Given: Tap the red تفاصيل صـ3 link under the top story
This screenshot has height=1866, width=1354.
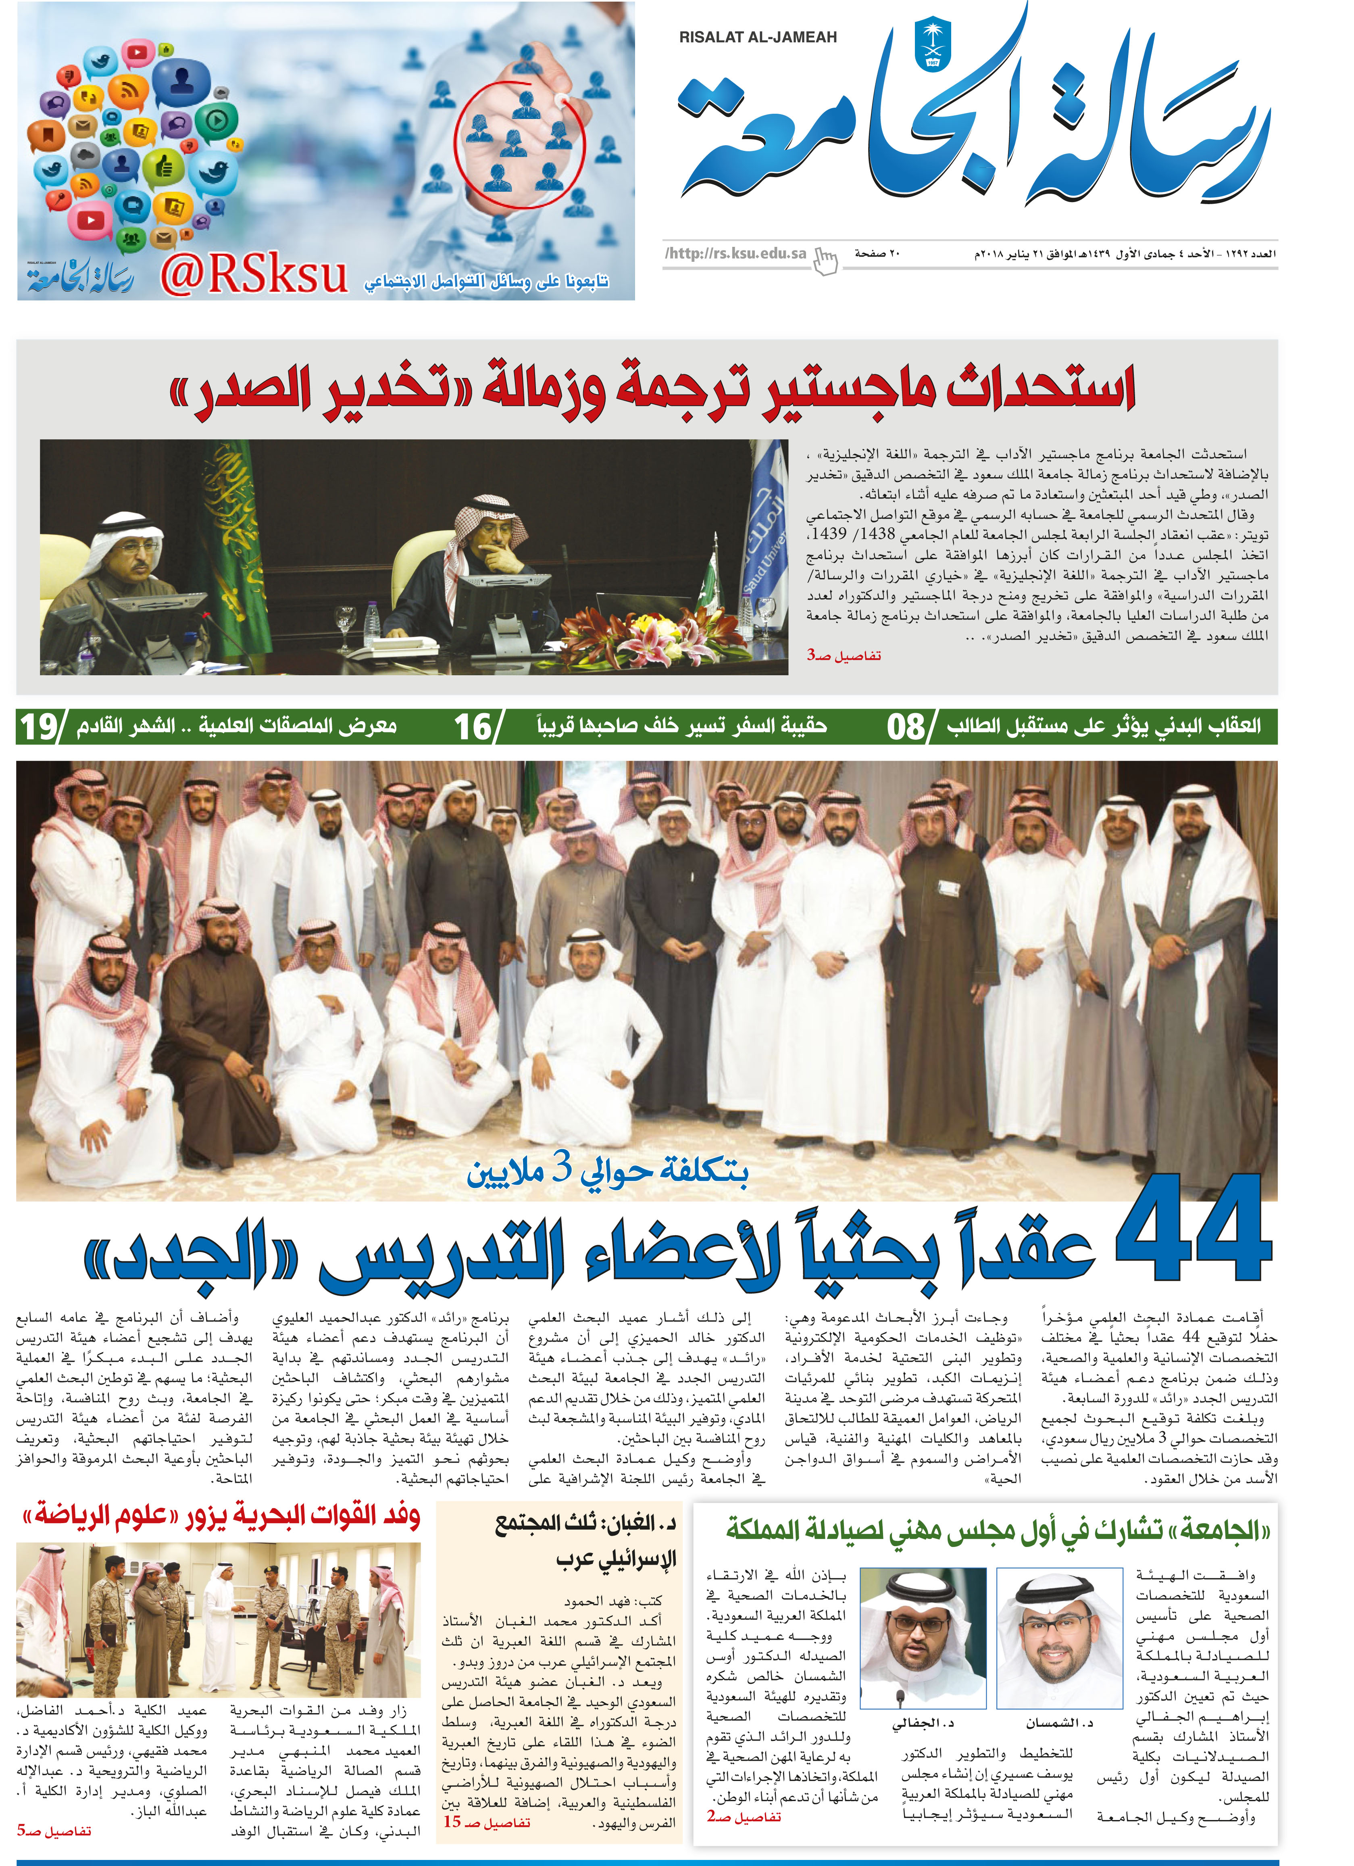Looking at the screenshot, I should click(x=843, y=655).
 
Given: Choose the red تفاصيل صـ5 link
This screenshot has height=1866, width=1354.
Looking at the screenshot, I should click(x=54, y=1831).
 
